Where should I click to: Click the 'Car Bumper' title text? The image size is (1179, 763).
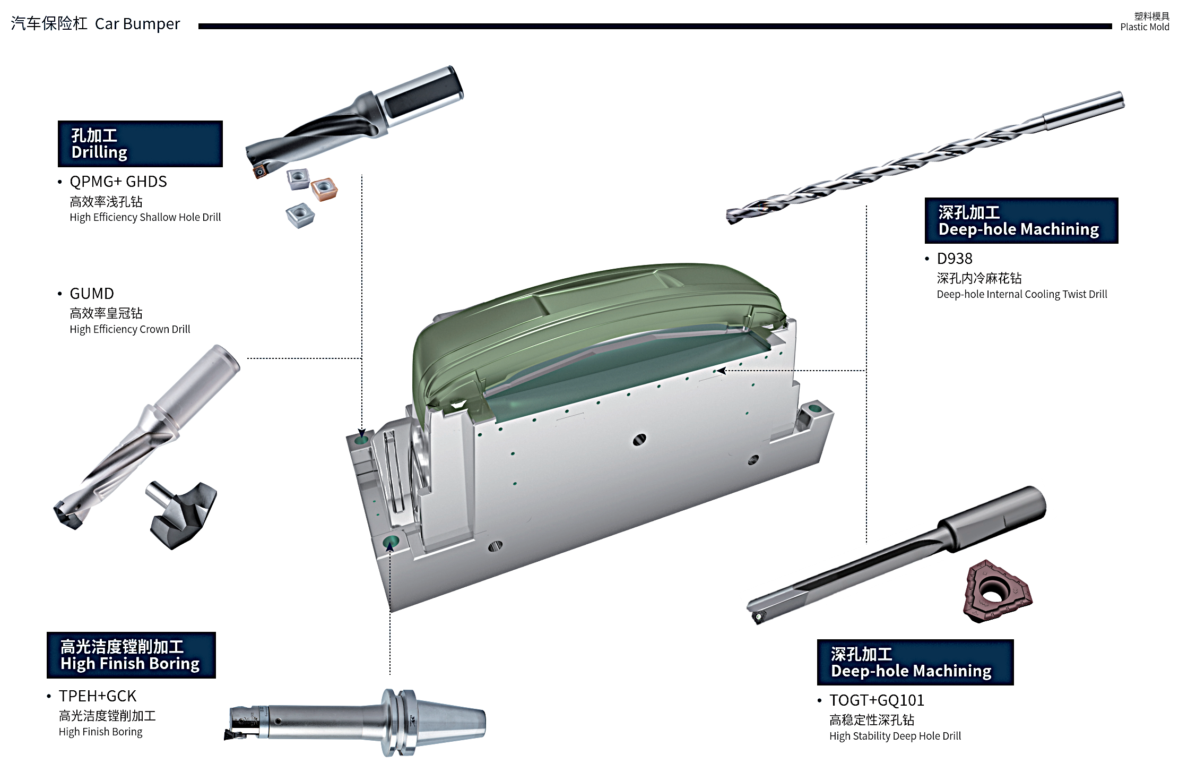pos(137,24)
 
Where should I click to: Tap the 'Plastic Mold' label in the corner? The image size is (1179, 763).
pos(1145,27)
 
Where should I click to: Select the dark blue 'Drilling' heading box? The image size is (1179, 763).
pos(140,144)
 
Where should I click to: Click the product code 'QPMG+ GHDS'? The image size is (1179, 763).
pos(118,182)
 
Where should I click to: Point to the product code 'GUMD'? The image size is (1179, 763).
pos(92,294)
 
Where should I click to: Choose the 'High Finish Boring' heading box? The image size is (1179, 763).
pos(131,655)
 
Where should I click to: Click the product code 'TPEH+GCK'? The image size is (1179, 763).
pos(98,696)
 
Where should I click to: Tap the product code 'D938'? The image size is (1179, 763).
pos(955,259)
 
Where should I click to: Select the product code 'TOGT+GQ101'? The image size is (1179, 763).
pos(877,700)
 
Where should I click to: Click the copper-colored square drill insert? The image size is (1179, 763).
pos(324,189)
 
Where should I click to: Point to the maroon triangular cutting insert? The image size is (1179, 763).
pos(998,591)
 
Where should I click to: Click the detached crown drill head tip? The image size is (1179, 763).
pos(181,514)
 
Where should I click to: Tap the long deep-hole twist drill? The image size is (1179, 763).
pos(925,158)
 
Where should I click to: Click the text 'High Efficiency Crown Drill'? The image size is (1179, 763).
pos(130,330)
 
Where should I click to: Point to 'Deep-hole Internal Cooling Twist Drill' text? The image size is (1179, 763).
pos(1022,295)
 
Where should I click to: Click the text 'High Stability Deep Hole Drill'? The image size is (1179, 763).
pos(895,736)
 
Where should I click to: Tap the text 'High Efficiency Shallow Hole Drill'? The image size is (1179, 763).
pos(145,218)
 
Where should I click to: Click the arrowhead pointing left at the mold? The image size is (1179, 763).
pos(721,371)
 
